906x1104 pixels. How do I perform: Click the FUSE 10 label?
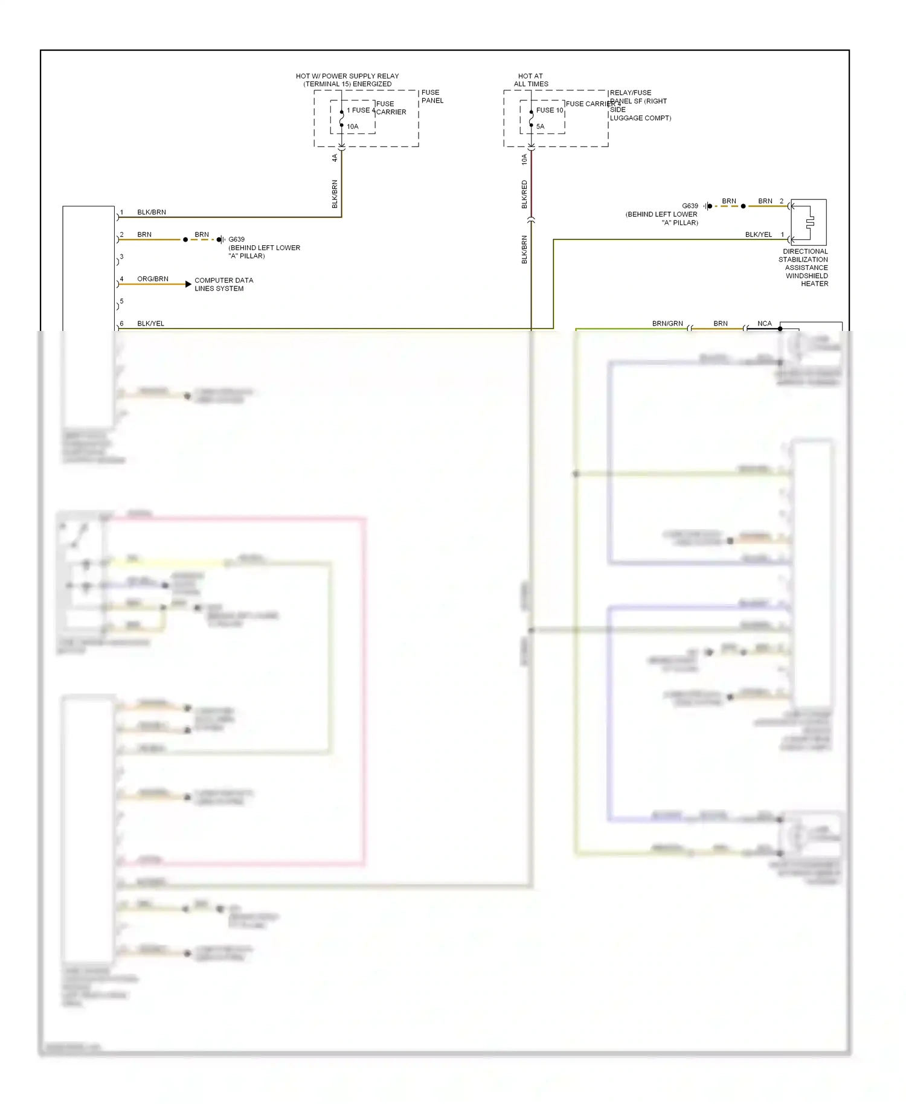pos(549,110)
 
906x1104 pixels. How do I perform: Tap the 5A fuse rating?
pos(540,126)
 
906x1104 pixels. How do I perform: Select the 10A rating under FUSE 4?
pos(352,126)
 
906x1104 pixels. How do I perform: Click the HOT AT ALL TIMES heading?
pos(531,80)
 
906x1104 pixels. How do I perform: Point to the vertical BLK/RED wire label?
pos(524,194)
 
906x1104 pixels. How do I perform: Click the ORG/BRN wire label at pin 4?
pos(152,279)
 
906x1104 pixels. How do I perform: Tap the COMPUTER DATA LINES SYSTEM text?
pos(223,284)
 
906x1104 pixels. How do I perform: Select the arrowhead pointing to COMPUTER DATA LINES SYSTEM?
pos(188,284)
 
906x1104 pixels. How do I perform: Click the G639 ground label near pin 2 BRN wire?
pos(236,239)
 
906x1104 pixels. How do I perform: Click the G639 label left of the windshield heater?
pos(690,206)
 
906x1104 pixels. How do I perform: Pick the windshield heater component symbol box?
pos(809,222)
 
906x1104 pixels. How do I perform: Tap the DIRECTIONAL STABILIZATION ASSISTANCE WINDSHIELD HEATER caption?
pos(805,268)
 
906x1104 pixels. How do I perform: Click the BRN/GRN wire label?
pos(667,324)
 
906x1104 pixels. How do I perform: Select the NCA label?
pos(764,324)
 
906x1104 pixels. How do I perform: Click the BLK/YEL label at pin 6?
pos(150,324)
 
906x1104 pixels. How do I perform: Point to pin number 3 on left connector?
pos(121,257)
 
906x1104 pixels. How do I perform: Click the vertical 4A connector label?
pos(335,158)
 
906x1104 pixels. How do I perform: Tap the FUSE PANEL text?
pos(432,97)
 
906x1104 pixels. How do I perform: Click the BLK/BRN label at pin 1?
pos(151,213)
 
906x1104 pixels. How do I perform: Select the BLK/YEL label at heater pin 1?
pos(758,234)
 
